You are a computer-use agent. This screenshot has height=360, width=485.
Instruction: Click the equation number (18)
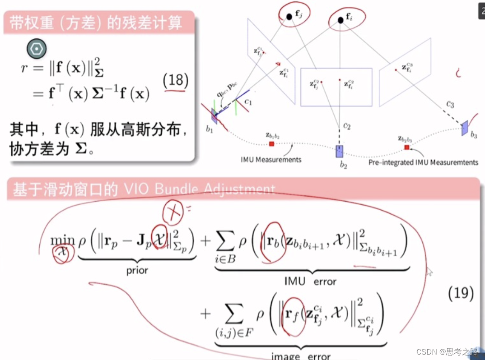point(175,81)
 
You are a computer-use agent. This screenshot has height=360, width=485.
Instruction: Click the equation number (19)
point(461,294)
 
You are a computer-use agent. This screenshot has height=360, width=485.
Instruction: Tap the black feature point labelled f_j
point(289,17)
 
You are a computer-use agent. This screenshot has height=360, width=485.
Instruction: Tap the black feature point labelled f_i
point(340,19)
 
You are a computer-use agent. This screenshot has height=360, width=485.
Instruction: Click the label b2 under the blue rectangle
point(343,166)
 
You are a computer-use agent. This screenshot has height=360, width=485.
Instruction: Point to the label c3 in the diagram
point(450,105)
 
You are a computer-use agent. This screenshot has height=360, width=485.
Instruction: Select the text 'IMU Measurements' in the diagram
point(271,159)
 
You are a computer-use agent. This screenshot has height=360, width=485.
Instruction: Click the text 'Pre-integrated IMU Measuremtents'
point(423,162)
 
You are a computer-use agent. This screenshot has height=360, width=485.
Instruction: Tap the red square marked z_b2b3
point(406,147)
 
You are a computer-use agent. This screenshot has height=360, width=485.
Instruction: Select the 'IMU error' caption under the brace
point(310,282)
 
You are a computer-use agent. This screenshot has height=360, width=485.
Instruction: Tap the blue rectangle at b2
point(340,151)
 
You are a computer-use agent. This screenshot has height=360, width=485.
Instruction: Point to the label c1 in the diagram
point(248,103)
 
